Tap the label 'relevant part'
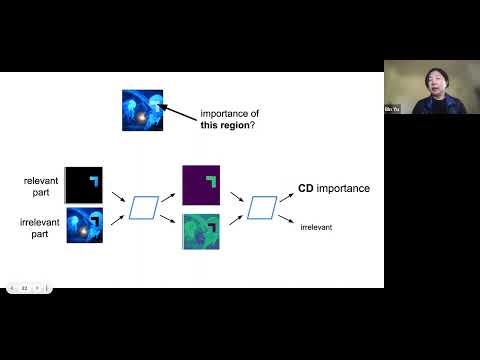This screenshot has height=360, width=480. (43, 186)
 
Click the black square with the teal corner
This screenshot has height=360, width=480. (84, 184)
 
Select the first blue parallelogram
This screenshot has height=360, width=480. (145, 207)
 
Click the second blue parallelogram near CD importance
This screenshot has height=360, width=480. (262, 207)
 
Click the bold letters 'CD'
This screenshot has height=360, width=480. (308, 188)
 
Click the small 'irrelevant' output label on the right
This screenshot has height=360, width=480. (317, 228)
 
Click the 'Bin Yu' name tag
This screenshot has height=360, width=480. (392, 109)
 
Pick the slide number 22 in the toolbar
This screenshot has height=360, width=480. (24, 288)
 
